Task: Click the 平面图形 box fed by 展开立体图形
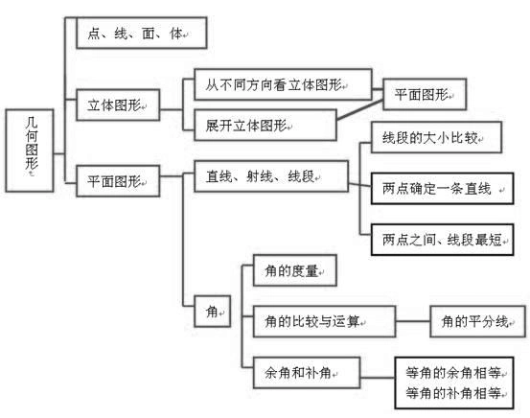[x=425, y=94]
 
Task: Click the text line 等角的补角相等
[x=456, y=392]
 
